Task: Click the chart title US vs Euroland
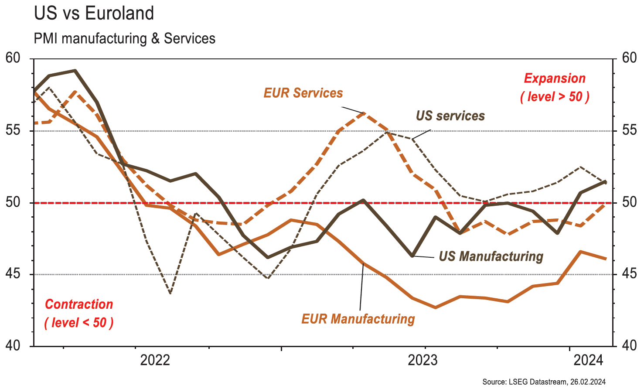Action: point(94,14)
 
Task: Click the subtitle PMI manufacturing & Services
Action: point(124,38)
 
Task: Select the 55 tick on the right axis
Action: point(627,130)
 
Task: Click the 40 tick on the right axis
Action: point(627,346)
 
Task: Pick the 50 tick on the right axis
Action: point(627,202)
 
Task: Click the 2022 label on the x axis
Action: point(155,361)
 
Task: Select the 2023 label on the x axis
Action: point(422,361)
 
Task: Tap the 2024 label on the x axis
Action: point(588,361)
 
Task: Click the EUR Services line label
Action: point(303,93)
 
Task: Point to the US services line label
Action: point(450,116)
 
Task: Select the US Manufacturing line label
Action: point(491,256)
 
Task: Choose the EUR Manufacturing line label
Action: point(358,319)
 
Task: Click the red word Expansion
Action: point(555,78)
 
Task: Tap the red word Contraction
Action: point(79,304)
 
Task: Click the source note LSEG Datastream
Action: point(544,382)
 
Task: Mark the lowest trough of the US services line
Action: point(170,293)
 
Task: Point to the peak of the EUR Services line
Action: point(364,113)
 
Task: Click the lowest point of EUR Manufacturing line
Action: point(436,307)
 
